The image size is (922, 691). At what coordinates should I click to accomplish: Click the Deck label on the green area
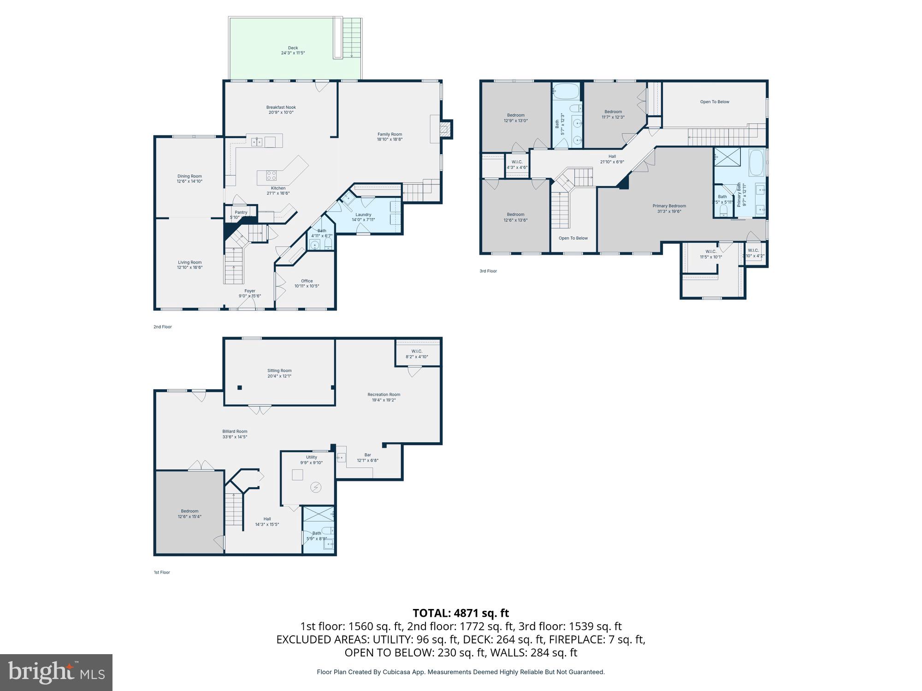tap(293, 48)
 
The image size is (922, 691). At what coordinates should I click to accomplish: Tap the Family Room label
tap(390, 134)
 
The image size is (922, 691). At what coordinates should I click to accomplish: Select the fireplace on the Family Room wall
tap(445, 129)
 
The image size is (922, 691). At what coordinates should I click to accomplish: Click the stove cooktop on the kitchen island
tap(272, 175)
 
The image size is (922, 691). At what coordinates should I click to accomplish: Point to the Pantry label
tap(241, 212)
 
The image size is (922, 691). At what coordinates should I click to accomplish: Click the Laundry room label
tap(363, 215)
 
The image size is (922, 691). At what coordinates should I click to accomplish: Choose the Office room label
tap(307, 281)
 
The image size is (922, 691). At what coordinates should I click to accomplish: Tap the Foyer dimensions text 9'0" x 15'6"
tap(250, 296)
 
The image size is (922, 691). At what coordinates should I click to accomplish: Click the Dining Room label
tap(189, 176)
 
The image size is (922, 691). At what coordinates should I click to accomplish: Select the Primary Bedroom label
tap(669, 206)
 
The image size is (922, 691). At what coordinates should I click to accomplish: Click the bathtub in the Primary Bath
tap(756, 162)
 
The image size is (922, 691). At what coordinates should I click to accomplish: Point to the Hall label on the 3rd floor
tap(612, 157)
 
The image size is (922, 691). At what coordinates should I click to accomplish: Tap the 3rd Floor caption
tap(488, 271)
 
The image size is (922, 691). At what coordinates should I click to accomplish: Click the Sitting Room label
tap(279, 370)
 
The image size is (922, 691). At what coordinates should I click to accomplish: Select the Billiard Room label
tap(235, 432)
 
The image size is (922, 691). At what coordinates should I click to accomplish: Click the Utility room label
tap(312, 457)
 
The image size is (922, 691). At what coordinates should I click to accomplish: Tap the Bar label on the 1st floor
tap(367, 455)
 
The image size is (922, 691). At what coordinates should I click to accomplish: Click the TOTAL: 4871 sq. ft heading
tap(461, 613)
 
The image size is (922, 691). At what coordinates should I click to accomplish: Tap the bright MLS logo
tap(56, 673)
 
